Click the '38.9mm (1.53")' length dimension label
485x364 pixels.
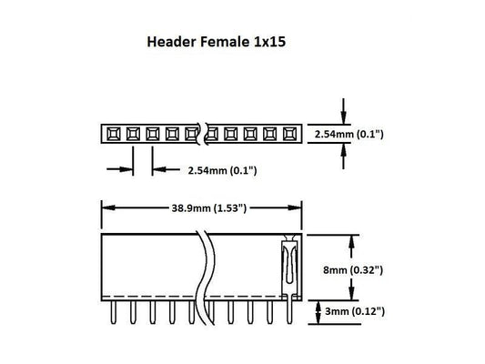[200, 207]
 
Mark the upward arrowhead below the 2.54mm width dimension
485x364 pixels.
[342, 152]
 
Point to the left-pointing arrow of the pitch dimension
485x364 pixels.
[158, 169]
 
